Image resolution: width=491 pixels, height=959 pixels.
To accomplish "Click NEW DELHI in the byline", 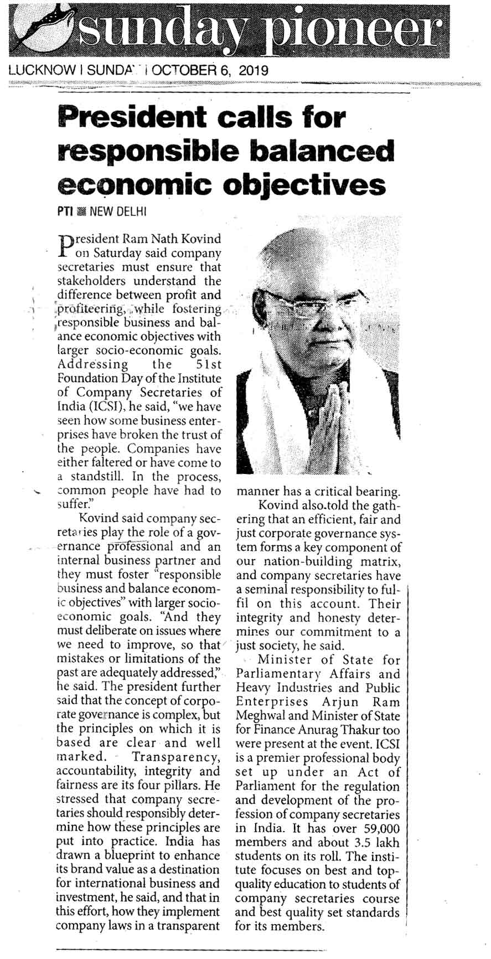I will pyautogui.click(x=118, y=212).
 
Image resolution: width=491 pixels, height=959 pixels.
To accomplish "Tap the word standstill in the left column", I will pyautogui.click(x=100, y=477).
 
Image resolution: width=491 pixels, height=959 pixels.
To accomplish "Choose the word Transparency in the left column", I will pyautogui.click(x=176, y=756).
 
